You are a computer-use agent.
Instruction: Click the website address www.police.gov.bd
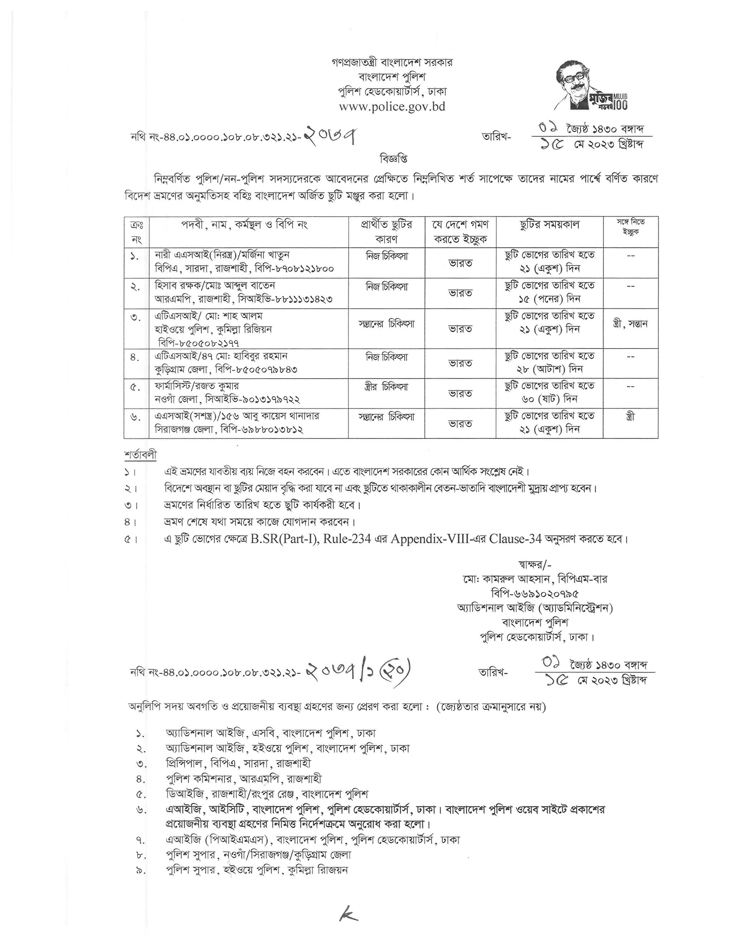[x=392, y=106]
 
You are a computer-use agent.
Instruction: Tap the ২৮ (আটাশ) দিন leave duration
[x=550, y=369]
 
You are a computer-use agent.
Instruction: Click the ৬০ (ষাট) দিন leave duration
[x=550, y=399]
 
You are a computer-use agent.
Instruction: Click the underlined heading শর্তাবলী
[x=140, y=455]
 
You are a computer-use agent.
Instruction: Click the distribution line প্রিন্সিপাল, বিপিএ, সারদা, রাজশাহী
[x=238, y=763]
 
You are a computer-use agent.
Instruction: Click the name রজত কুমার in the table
[x=216, y=386]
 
